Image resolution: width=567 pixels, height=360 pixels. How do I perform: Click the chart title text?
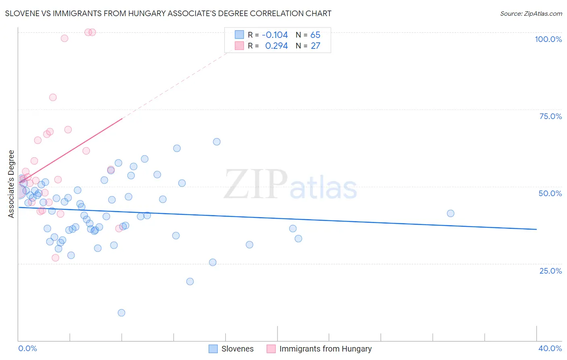(x=168, y=13)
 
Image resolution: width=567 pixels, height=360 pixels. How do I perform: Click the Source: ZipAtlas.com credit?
(x=531, y=13)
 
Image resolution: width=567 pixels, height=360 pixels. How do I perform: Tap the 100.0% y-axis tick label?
(x=548, y=39)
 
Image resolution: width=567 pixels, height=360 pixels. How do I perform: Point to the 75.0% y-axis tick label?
(x=550, y=116)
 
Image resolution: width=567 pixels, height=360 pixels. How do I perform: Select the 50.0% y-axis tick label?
(x=550, y=193)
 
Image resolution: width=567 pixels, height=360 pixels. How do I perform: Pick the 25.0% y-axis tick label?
(x=550, y=270)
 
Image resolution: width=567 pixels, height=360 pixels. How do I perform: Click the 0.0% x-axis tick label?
(x=27, y=348)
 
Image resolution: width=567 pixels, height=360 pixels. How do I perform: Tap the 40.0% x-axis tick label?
(x=550, y=348)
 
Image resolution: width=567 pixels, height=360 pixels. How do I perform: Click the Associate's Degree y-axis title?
(x=11, y=184)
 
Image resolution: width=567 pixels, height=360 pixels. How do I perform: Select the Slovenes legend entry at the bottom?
(x=237, y=349)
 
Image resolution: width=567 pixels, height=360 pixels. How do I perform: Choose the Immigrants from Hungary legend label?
(x=325, y=349)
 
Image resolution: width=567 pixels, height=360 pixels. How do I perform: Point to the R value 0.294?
(x=276, y=46)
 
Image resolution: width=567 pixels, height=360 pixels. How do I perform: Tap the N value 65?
(x=315, y=35)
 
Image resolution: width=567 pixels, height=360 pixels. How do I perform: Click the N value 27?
(x=315, y=46)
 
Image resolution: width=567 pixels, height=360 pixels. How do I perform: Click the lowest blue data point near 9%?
(x=121, y=313)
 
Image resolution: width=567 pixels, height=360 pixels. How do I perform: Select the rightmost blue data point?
(x=450, y=213)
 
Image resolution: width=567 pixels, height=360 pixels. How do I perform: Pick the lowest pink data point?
(x=56, y=258)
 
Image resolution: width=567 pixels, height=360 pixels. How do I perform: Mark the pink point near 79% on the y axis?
(x=53, y=97)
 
